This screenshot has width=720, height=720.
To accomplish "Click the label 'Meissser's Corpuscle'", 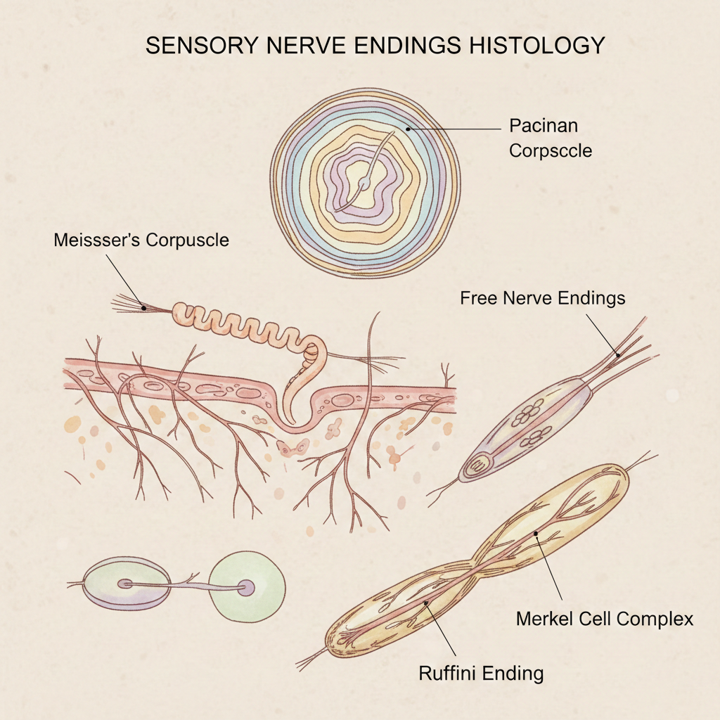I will click(x=141, y=240).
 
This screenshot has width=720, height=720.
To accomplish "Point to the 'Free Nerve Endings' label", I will click(x=542, y=298).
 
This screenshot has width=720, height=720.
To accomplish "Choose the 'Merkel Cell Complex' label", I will click(x=605, y=619).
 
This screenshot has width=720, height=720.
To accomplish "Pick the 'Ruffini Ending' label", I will click(x=481, y=673).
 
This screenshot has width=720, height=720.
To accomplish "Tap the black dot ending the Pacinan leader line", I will click(x=408, y=129).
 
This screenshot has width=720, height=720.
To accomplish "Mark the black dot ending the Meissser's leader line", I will click(x=143, y=307).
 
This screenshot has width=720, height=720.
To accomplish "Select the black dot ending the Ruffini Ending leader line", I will click(x=425, y=603).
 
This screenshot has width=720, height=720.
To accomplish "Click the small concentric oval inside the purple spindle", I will click(x=482, y=465).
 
